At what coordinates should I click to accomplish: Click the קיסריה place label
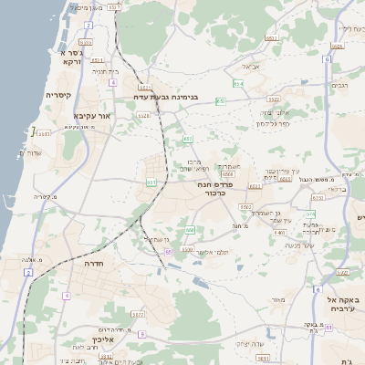pyautogui.click(x=59, y=94)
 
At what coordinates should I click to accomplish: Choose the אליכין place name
pyautogui.click(x=102, y=339)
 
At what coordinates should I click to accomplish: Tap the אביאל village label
pyautogui.click(x=251, y=67)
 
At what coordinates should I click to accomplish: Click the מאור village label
pyautogui.click(x=278, y=299)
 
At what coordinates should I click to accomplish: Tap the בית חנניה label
pyautogui.click(x=106, y=70)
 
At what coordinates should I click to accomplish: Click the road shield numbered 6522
pyautogui.click(x=273, y=99)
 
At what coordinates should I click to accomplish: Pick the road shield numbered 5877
pyautogui.click(x=138, y=314)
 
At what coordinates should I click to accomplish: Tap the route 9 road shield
pyautogui.click(x=142, y=334)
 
